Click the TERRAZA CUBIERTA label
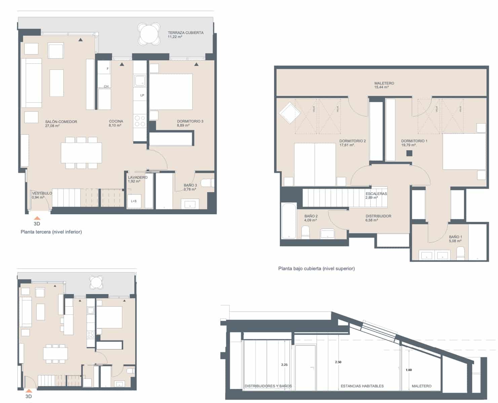pyautogui.click(x=186, y=34)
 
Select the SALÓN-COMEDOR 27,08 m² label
pyautogui.click(x=61, y=124)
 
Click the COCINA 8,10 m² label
pyautogui.click(x=116, y=123)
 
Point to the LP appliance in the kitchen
pyautogui.click(x=142, y=95)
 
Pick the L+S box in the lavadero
pyautogui.click(x=133, y=201)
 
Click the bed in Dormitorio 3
pyautogui.click(x=171, y=91)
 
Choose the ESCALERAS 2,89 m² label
pyautogui.click(x=376, y=195)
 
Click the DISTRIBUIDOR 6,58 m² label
pyautogui.click(x=378, y=218)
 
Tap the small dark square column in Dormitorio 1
pyautogui.click(x=409, y=153)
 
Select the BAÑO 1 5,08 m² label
pyautogui.click(x=455, y=239)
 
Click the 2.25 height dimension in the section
pyautogui.click(x=284, y=365)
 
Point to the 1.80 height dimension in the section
pyautogui.click(x=409, y=370)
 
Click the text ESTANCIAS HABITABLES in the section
pyautogui.click(x=362, y=386)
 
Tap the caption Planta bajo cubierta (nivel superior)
pyautogui.click(x=316, y=269)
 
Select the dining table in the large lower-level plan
pyautogui.click(x=81, y=153)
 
